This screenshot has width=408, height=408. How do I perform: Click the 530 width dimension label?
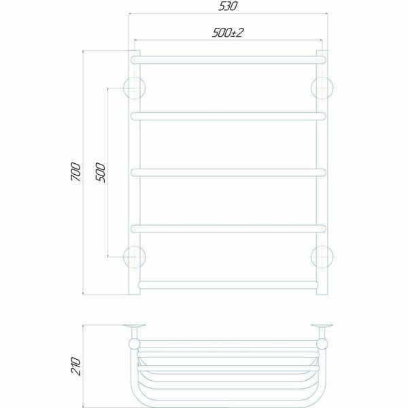[x=228, y=6]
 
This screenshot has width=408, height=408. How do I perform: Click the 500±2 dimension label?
[x=228, y=33]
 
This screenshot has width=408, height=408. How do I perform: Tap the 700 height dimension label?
[x=75, y=172]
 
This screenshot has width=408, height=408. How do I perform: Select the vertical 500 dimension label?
[x=101, y=173]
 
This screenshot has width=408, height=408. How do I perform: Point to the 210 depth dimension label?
[x=75, y=366]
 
